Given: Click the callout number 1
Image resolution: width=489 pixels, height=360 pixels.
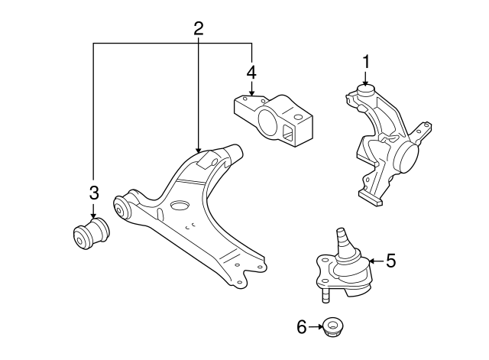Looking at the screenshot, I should click(x=366, y=61).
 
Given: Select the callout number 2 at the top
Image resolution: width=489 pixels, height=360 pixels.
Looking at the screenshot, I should click(x=198, y=29).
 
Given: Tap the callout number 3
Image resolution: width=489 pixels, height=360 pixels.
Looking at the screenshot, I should click(x=93, y=191).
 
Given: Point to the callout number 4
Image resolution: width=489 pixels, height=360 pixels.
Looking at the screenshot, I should click(x=251, y=73).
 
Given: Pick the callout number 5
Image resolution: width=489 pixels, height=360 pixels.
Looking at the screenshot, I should click(x=390, y=261).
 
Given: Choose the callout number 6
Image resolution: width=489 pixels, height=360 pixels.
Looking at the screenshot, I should click(x=301, y=327).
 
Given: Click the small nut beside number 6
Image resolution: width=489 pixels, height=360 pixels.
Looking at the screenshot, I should click(x=332, y=327).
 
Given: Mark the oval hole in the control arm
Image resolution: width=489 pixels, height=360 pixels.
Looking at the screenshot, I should click(x=180, y=206).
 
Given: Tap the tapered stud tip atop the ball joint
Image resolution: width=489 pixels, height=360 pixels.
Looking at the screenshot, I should click(x=341, y=231).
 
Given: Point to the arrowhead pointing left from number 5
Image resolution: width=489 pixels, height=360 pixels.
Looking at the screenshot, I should click(x=373, y=261).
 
